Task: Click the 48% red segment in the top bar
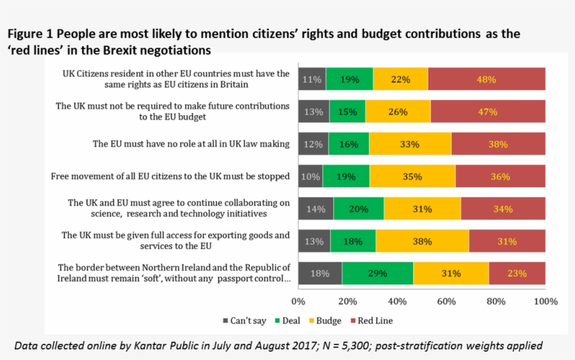pos(487,79)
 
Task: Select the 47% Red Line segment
pos(488,112)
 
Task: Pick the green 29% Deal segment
pos(377,274)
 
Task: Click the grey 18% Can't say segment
pos(320,274)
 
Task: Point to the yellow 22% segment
pos(400,79)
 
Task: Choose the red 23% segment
pos(517,274)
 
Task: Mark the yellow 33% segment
pos(410,144)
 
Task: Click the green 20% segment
pos(358,208)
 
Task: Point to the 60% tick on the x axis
pos(447,302)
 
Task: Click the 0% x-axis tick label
pos(298,302)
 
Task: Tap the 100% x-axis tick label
pos(546,302)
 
